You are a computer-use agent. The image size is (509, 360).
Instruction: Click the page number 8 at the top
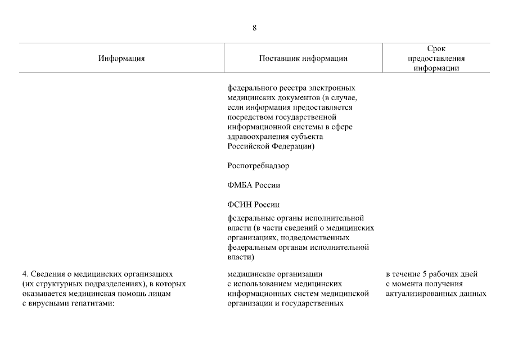coord(255,28)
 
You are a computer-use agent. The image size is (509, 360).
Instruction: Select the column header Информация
coord(121,58)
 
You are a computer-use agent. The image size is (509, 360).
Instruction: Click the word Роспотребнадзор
coord(258,166)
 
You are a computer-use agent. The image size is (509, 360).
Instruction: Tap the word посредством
coord(249,117)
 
